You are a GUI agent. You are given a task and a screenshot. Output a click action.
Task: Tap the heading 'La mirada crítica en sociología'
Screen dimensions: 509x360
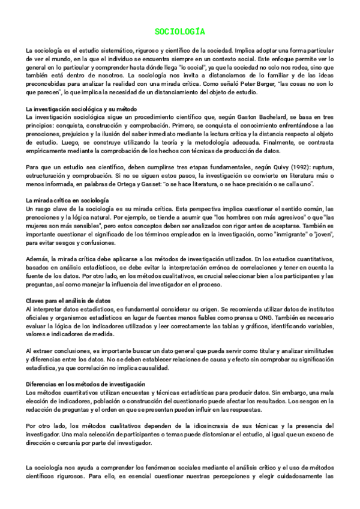pos(68,199)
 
